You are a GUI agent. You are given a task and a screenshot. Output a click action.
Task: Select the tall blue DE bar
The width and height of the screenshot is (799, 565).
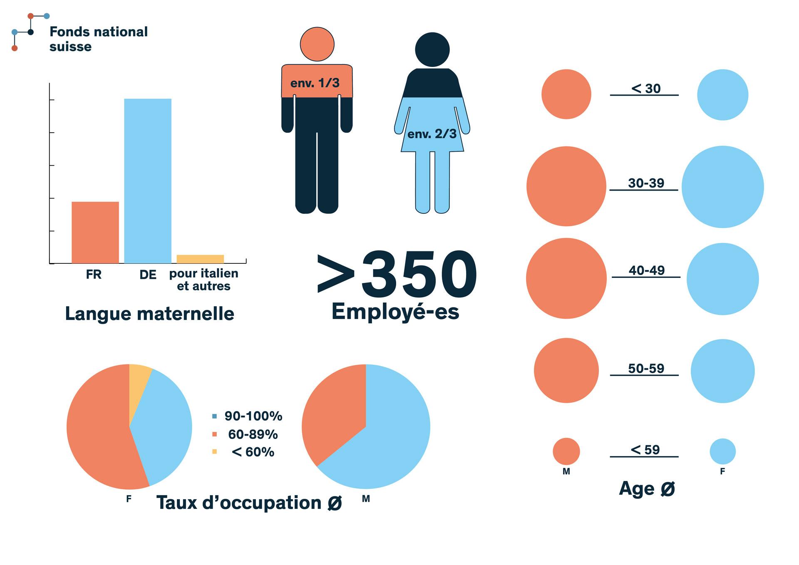(x=148, y=181)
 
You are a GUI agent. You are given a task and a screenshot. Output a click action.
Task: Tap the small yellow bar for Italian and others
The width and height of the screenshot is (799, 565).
(x=200, y=259)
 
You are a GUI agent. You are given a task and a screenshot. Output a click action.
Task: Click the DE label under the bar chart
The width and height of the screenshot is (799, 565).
(x=148, y=275)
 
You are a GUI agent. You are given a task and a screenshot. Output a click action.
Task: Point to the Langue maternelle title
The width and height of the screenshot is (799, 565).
(x=149, y=314)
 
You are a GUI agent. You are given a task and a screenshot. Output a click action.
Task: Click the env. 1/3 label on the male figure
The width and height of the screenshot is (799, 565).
(x=315, y=83)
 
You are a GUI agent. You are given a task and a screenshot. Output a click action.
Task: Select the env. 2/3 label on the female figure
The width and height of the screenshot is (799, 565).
(x=432, y=134)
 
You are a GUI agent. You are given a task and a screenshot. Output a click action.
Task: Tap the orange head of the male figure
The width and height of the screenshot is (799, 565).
(x=317, y=44)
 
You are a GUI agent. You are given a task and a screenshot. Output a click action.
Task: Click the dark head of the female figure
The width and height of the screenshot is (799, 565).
(x=432, y=50)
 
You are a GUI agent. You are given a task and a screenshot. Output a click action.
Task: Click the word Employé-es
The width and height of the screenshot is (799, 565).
(x=395, y=312)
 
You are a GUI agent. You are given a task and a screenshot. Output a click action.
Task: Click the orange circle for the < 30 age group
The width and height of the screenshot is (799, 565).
(x=566, y=94)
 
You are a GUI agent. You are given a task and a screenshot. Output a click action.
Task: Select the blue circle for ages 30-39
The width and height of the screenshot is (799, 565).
(x=722, y=187)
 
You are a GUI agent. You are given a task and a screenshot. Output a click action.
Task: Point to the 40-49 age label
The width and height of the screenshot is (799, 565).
(x=646, y=270)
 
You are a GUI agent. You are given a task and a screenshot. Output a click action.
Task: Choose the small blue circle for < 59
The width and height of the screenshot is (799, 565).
(x=722, y=451)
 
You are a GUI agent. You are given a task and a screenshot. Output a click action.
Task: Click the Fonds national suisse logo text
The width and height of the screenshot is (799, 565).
(x=98, y=39)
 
